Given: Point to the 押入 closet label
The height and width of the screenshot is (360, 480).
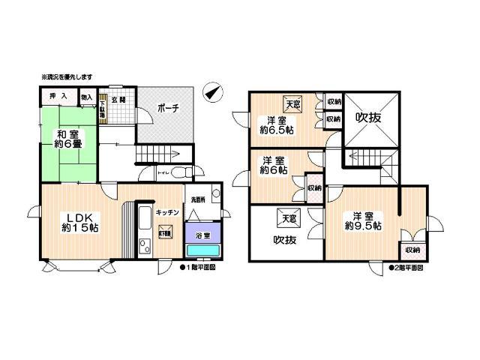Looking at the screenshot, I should click(57, 96).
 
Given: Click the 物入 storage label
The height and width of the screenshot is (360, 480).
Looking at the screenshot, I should click(86, 97).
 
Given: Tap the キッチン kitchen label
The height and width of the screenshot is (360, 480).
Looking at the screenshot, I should click(166, 212).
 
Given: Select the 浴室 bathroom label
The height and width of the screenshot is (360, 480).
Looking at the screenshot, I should click(202, 234).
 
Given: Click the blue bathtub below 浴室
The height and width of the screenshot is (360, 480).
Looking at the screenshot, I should click(202, 250).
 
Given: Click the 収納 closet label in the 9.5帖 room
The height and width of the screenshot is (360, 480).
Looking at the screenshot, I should click(412, 250).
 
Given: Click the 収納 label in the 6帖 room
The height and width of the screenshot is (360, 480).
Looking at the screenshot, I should click(314, 188).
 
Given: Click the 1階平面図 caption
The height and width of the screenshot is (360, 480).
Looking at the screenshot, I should click(199, 267).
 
